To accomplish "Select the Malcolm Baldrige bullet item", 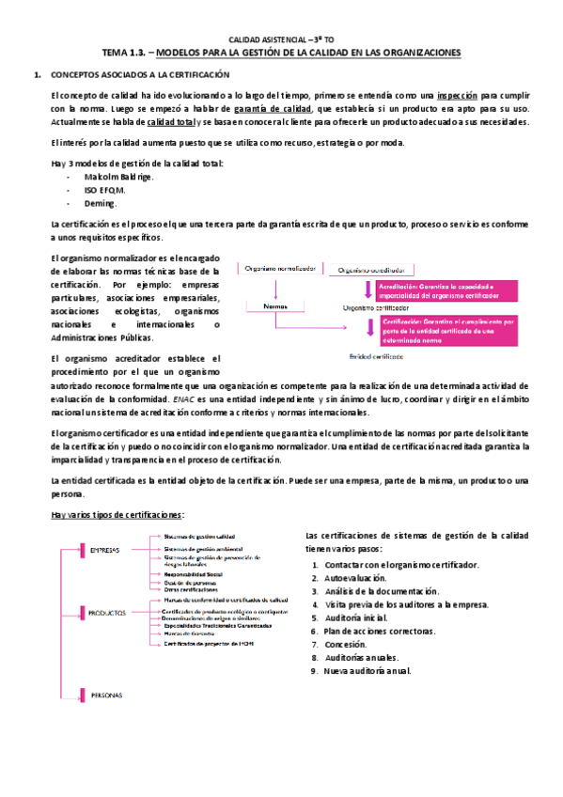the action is click(119, 176).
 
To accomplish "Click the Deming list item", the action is click(100, 202).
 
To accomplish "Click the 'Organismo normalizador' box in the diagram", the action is click(279, 269).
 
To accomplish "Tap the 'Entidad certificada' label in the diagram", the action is click(378, 357).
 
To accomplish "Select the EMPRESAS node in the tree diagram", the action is click(104, 550).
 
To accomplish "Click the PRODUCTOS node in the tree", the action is click(108, 611).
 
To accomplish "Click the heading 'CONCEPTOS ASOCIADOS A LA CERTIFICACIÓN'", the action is click(139, 74).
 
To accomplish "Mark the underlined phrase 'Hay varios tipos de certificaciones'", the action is click(117, 514).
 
